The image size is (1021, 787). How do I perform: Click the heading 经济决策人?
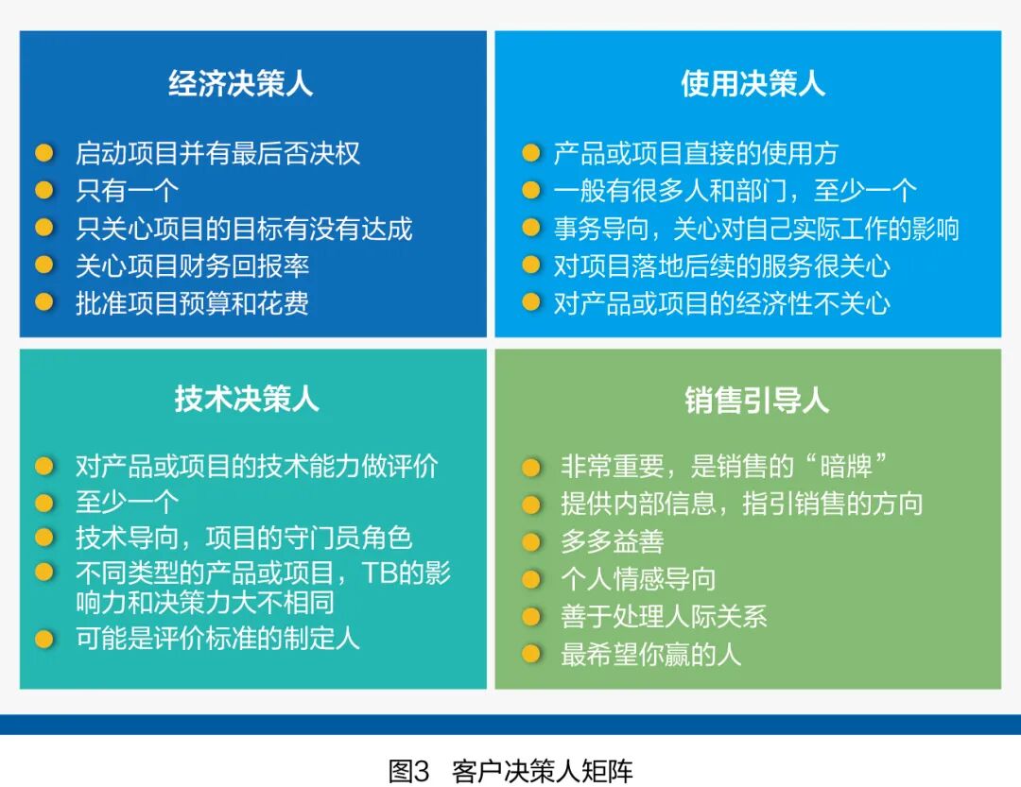240,84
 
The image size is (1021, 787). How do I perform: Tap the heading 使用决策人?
753,84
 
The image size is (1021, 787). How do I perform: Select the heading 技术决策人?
247,400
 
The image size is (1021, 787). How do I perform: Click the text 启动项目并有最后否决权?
217,153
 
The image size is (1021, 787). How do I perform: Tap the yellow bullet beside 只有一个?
43,191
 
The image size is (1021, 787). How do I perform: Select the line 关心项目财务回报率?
192,265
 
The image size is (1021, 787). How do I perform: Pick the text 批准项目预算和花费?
192,303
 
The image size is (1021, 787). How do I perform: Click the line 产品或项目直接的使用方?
696,153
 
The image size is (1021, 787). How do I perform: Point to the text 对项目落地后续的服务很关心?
721,265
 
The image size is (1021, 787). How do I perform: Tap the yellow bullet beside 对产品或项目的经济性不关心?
531,303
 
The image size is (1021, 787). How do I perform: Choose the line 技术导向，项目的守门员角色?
244,539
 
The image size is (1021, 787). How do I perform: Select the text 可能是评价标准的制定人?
217,638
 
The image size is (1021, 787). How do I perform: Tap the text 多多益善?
613,541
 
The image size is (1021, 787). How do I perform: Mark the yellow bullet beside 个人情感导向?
531,579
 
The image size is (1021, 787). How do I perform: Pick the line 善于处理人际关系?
664,617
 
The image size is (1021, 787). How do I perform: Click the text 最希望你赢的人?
651,655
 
